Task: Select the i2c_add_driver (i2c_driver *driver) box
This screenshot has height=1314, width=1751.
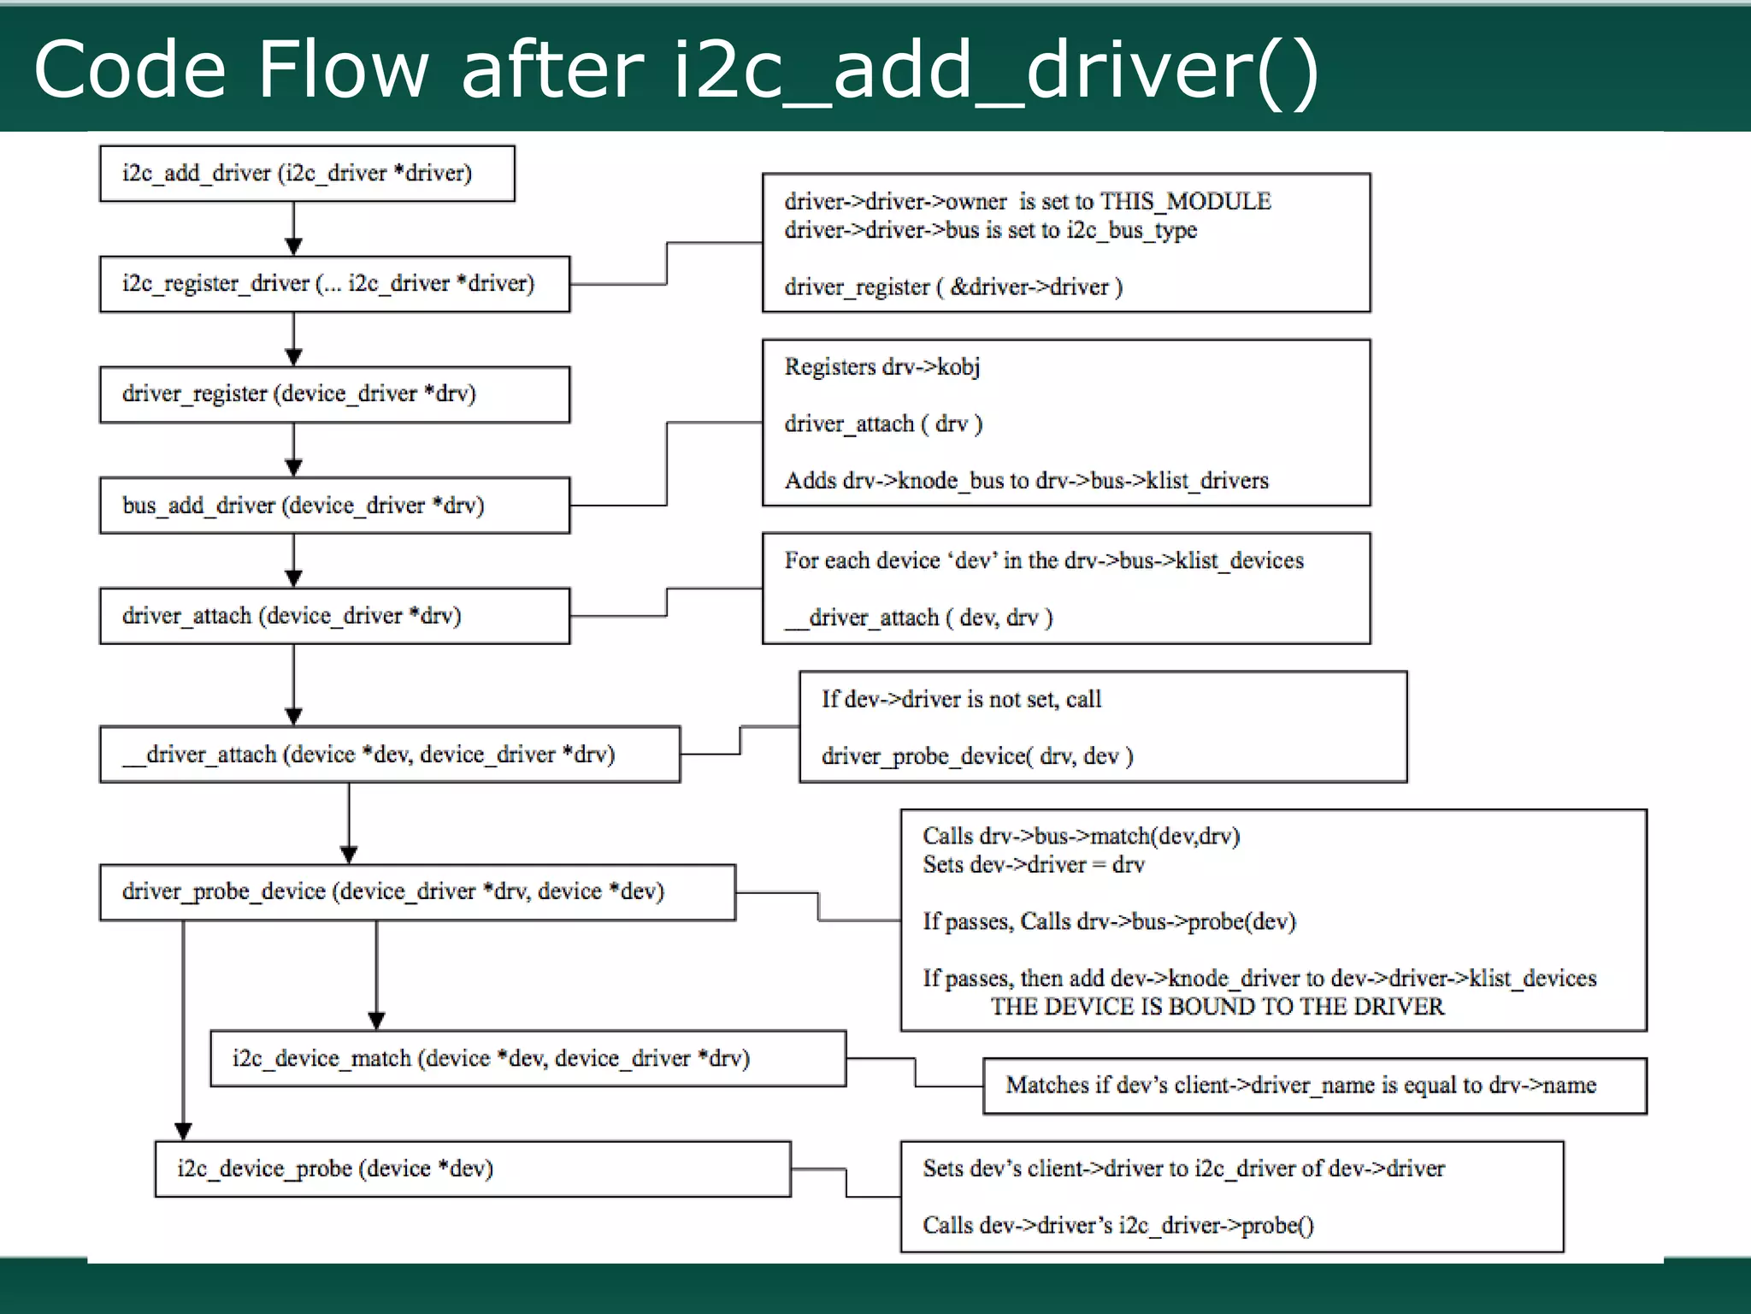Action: (306, 174)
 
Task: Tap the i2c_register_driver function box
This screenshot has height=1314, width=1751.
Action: (333, 284)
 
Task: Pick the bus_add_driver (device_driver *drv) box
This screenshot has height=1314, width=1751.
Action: (333, 506)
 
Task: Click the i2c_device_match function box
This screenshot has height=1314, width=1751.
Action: (528, 1059)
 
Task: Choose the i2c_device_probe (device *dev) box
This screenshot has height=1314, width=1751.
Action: (472, 1169)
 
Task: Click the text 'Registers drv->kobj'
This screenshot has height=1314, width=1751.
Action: (881, 367)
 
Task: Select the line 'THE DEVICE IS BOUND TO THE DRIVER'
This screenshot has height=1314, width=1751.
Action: (1217, 1007)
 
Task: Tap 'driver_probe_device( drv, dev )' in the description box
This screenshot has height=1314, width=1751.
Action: (976, 756)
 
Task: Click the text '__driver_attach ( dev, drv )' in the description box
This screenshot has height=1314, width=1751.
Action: (919, 618)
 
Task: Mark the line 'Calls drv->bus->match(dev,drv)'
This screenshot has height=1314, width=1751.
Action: (1081, 837)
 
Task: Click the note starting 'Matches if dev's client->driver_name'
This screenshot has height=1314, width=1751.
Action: (1300, 1086)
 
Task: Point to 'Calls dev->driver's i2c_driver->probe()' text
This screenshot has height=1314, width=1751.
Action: (1117, 1226)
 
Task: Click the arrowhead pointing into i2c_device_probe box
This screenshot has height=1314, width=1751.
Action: (183, 1132)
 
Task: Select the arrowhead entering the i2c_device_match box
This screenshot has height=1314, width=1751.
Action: (376, 1021)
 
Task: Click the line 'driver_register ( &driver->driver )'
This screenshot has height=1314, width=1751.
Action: (952, 287)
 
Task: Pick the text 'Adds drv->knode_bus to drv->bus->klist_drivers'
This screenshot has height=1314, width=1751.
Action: (1026, 481)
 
